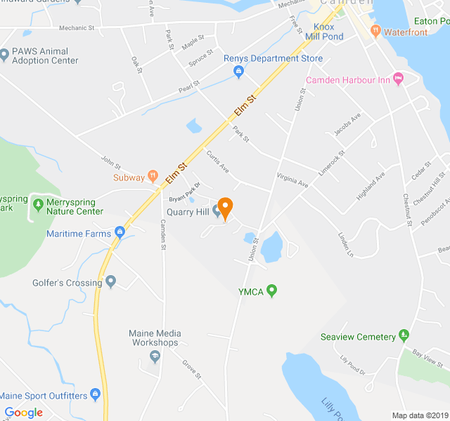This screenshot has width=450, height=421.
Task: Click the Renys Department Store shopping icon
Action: pyautogui.click(x=238, y=71)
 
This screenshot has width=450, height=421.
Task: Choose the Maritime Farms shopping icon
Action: pyautogui.click(x=120, y=233)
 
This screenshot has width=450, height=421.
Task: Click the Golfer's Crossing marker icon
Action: pyautogui.click(x=111, y=283)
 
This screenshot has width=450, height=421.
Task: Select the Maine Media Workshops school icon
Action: pyautogui.click(x=155, y=357)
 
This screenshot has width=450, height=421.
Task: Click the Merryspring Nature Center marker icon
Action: pyautogui.click(x=37, y=205)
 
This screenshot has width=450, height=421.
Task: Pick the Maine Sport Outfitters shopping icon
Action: pyautogui.click(x=96, y=395)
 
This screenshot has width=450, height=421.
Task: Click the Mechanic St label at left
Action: pyautogui.click(x=77, y=28)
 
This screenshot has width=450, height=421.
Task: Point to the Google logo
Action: pyautogui.click(x=24, y=413)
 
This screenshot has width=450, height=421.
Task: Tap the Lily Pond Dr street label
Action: pyautogui.click(x=353, y=365)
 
